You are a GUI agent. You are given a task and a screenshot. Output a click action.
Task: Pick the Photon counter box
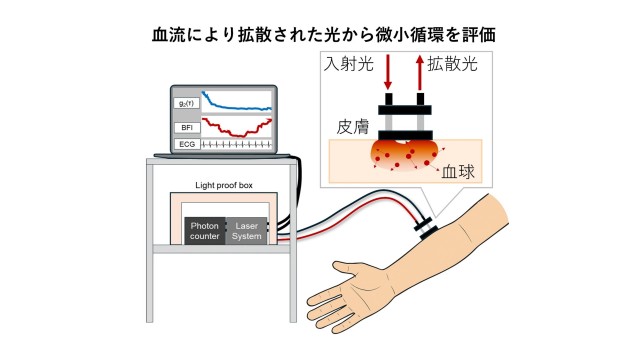204,232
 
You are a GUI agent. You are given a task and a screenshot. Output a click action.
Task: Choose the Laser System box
247,232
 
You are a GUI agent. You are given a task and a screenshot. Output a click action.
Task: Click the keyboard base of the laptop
225,156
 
